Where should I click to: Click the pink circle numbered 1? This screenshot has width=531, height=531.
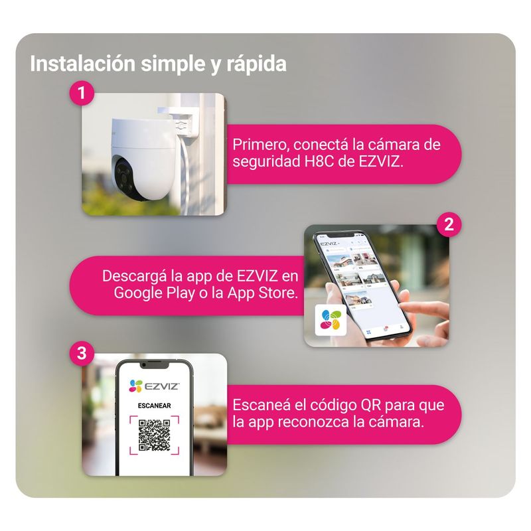pos(82,92)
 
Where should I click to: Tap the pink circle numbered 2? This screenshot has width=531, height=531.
pos(449,224)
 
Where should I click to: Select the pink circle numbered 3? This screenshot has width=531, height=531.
pos(82,353)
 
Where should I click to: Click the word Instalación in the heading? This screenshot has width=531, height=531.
pos(82,63)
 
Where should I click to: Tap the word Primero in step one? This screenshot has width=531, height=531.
pos(260,145)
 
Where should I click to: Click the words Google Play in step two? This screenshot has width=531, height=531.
pos(154,293)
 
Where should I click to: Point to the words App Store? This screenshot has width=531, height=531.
pos(262,293)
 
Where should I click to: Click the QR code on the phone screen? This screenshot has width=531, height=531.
pos(155,435)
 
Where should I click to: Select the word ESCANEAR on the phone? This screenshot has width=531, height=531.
pos(155,406)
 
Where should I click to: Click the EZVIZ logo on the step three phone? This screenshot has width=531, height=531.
pos(154,386)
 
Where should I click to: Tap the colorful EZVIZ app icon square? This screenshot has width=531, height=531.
pos(331,320)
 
